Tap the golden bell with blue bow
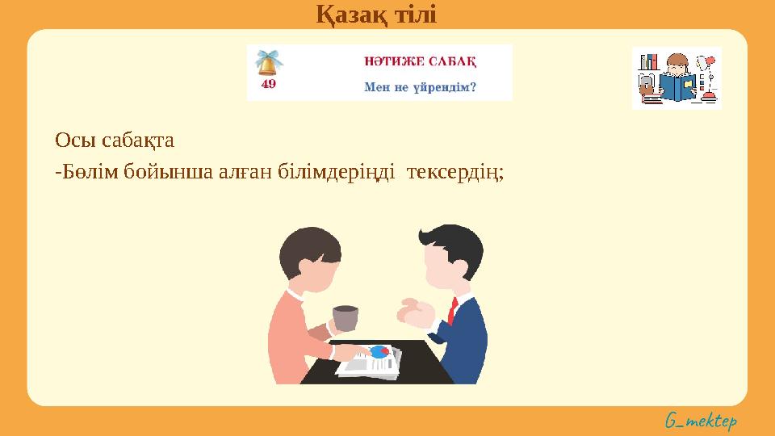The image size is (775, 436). pyautogui.click(x=268, y=62)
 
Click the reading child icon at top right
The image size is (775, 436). pyautogui.click(x=677, y=78)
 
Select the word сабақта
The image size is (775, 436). pyautogui.click(x=138, y=140)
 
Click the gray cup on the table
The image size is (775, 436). pyautogui.click(x=345, y=318)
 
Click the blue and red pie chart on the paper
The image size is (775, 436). pyautogui.click(x=378, y=351)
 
